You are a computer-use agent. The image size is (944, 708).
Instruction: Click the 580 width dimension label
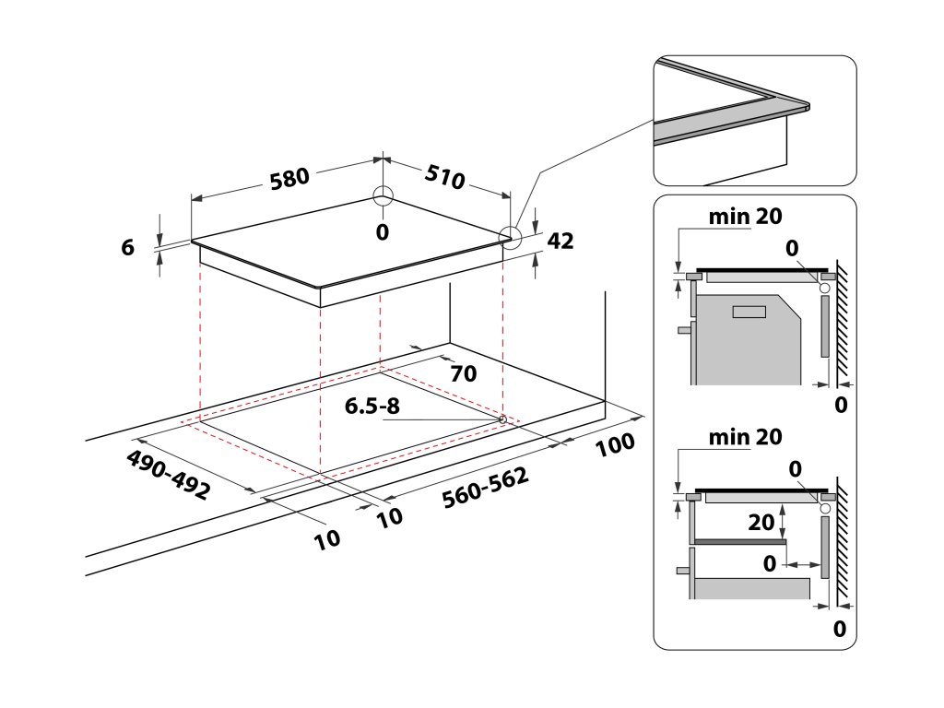(289, 177)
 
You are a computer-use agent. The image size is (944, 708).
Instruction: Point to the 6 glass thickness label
(128, 247)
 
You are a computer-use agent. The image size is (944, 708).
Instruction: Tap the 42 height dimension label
(560, 242)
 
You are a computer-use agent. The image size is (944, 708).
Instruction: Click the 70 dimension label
(464, 373)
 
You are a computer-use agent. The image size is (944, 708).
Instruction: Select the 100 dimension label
(615, 444)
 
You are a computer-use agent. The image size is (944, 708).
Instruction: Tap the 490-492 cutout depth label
(169, 475)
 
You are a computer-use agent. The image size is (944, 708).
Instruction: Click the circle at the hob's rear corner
(383, 196)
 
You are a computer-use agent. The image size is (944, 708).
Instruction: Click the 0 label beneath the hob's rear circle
(383, 231)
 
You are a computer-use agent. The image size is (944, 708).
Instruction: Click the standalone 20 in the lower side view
(761, 523)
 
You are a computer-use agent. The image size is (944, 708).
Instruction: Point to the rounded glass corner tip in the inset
(807, 105)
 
